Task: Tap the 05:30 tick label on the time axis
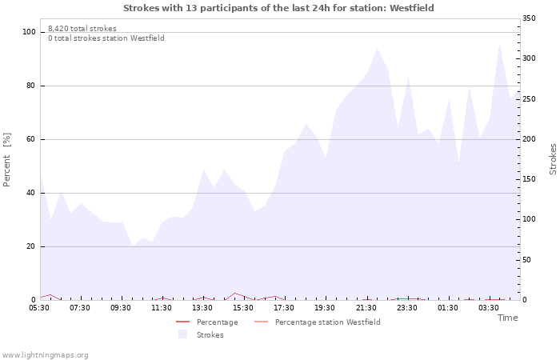pyautogui.click(x=39, y=308)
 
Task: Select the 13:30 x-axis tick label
pyautogui.click(x=202, y=308)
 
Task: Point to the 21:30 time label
pyautogui.click(x=366, y=308)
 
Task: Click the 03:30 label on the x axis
pyautogui.click(x=489, y=308)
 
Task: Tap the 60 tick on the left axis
pyautogui.click(x=31, y=139)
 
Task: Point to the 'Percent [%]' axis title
pyautogui.click(x=8, y=160)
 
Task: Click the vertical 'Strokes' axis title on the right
pyautogui.click(x=553, y=159)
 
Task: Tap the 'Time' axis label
pyautogui.click(x=507, y=318)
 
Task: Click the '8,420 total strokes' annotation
pyautogui.click(x=82, y=29)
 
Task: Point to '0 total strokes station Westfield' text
pyautogui.click(x=106, y=38)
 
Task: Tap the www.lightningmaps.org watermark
pyautogui.click(x=45, y=355)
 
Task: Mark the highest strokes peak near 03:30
pyautogui.click(x=500, y=45)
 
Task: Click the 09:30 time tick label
pyautogui.click(x=121, y=308)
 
